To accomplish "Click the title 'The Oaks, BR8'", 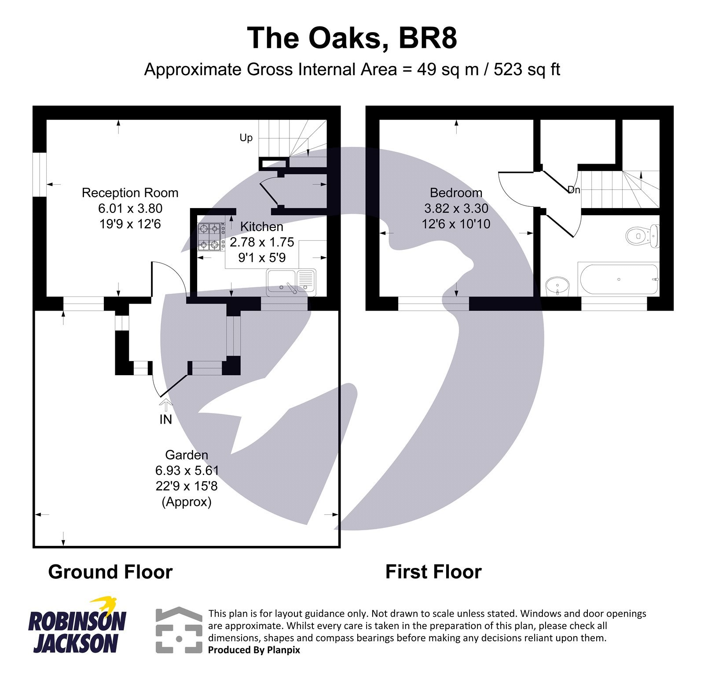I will [x=352, y=38].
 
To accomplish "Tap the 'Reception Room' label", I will [x=130, y=193].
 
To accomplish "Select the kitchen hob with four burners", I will [x=209, y=237].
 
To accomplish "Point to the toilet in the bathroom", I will [x=642, y=236].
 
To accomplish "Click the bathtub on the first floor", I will [x=619, y=279].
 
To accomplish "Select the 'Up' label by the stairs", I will [x=246, y=138].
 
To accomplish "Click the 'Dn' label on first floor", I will [x=574, y=190].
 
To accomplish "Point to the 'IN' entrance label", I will [x=165, y=420].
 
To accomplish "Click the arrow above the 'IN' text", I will [x=165, y=404].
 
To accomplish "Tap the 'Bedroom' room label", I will [x=456, y=193].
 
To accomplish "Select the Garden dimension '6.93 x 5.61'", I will [x=187, y=470].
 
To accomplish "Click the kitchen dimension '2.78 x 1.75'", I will [x=262, y=242].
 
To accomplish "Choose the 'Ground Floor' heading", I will [x=110, y=572].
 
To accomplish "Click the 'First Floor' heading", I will [x=433, y=572].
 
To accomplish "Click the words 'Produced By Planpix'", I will [x=254, y=650].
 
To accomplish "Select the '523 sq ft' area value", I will [x=527, y=70].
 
